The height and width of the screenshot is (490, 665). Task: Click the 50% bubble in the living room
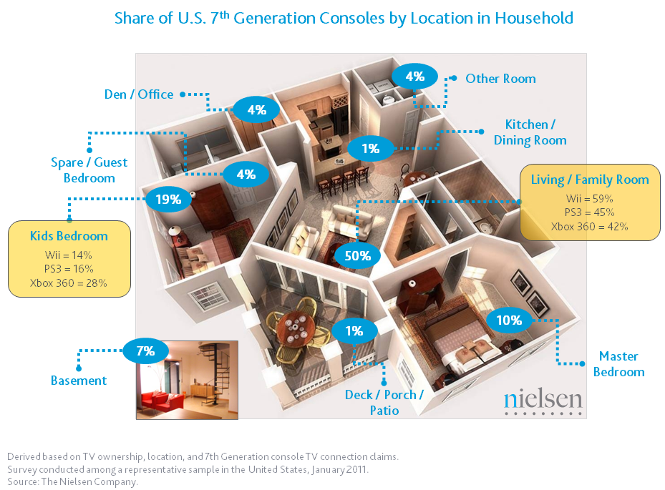pyautogui.click(x=357, y=255)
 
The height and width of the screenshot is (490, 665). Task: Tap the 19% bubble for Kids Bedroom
pyautogui.click(x=168, y=199)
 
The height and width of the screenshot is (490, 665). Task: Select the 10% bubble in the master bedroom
pyautogui.click(x=509, y=320)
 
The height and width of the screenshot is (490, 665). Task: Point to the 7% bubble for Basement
pyautogui.click(x=145, y=351)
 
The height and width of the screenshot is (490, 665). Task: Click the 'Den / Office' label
pyautogui.click(x=139, y=94)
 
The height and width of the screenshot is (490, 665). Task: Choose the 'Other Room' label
pyautogui.click(x=500, y=79)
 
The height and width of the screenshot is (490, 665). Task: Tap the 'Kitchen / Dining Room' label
pyautogui.click(x=530, y=132)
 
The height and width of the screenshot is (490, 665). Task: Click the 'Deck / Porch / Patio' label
pyautogui.click(x=384, y=402)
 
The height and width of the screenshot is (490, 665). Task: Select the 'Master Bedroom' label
pyautogui.click(x=618, y=363)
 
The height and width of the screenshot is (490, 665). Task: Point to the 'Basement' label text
pyautogui.click(x=79, y=381)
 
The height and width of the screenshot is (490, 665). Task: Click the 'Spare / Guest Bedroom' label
pyautogui.click(x=89, y=170)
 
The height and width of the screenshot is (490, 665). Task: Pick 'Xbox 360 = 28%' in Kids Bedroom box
pyautogui.click(x=68, y=283)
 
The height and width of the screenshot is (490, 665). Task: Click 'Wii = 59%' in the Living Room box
pyautogui.click(x=590, y=198)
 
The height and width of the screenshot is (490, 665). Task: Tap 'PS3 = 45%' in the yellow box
pyautogui.click(x=590, y=212)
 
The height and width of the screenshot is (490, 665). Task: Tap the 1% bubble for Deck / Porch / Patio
pyautogui.click(x=354, y=330)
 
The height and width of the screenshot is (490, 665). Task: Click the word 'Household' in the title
pyautogui.click(x=534, y=18)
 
